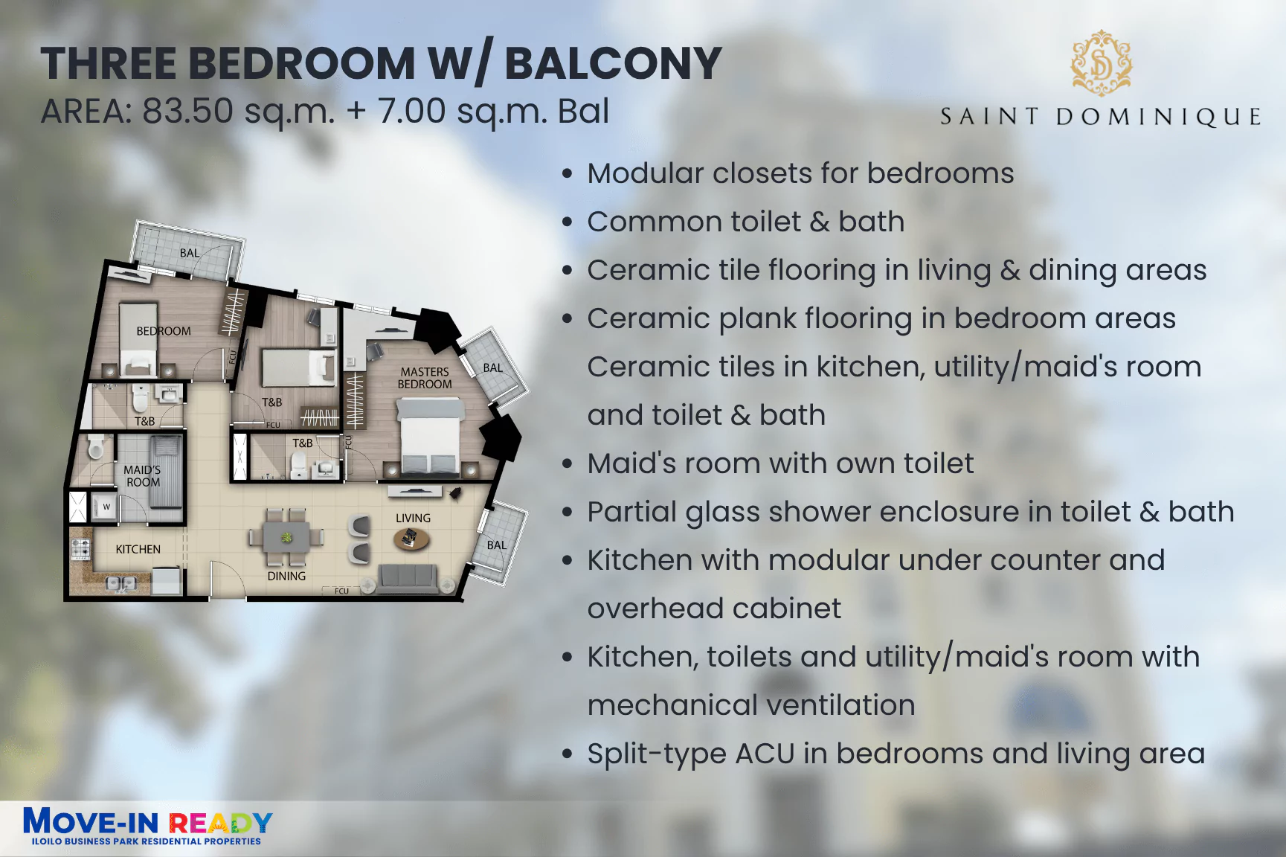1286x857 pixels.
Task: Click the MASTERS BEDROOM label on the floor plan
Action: click(x=425, y=378)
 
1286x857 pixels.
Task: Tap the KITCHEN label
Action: click(x=138, y=549)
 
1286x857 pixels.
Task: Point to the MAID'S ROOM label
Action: click(x=142, y=476)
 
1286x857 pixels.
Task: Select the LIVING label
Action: click(x=413, y=518)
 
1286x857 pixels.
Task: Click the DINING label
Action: click(x=286, y=576)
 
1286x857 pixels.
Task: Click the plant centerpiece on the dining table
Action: click(x=286, y=537)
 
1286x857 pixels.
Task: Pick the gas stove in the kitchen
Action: click(x=80, y=549)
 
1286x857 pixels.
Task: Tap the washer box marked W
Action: click(x=106, y=507)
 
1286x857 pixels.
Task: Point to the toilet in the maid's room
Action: click(x=95, y=448)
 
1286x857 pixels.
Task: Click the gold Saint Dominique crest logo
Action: click(x=1101, y=63)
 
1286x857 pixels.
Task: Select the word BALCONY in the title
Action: click(x=613, y=63)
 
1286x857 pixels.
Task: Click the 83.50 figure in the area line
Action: click(x=188, y=112)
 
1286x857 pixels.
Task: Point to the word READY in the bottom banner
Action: click(x=220, y=823)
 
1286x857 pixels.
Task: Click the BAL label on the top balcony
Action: click(x=190, y=253)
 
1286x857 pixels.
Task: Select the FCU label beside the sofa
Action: click(x=341, y=591)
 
